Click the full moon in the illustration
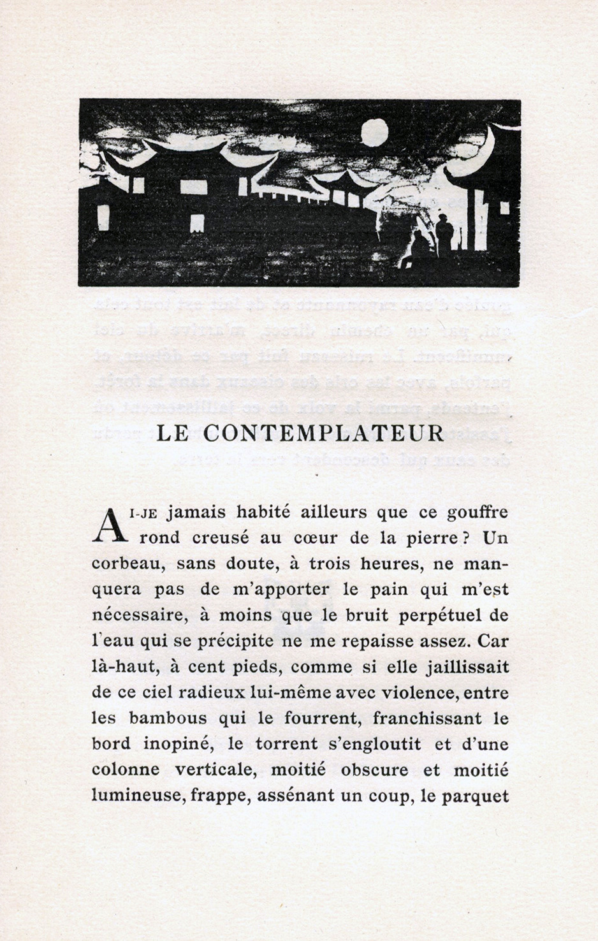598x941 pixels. coord(375,133)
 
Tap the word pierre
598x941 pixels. coord(429,538)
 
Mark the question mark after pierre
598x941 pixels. coord(467,538)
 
